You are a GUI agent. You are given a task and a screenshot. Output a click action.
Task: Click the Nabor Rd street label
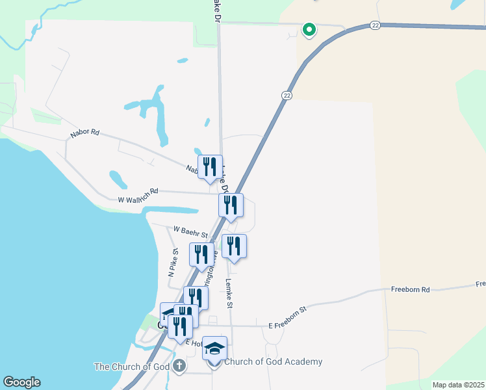point(85,132)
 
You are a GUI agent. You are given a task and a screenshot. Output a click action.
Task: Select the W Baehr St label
point(190,231)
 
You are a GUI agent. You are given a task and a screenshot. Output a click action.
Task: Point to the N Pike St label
point(173,263)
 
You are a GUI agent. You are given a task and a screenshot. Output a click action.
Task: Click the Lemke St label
point(229,292)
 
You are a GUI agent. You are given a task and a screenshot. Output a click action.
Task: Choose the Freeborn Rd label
point(411,289)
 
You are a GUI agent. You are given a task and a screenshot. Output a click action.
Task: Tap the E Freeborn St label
point(287,318)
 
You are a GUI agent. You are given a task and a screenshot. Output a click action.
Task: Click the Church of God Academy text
point(273,362)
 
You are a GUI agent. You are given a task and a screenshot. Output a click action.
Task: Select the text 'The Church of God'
point(132,367)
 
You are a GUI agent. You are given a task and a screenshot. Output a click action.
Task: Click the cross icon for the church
point(179,367)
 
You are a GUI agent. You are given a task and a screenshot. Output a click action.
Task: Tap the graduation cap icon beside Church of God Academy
point(214,348)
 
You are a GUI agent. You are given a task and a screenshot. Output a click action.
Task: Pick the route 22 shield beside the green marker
point(375,25)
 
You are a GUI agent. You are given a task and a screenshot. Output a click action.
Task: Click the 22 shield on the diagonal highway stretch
point(286,96)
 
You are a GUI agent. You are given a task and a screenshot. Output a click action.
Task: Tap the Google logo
point(21,382)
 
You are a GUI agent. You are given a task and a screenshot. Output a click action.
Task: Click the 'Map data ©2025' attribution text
point(458,385)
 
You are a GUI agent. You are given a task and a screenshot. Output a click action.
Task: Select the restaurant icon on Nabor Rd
point(210,166)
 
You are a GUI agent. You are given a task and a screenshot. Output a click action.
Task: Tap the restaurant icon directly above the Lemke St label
point(234,246)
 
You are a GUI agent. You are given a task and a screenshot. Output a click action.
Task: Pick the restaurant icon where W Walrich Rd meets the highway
point(231,205)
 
